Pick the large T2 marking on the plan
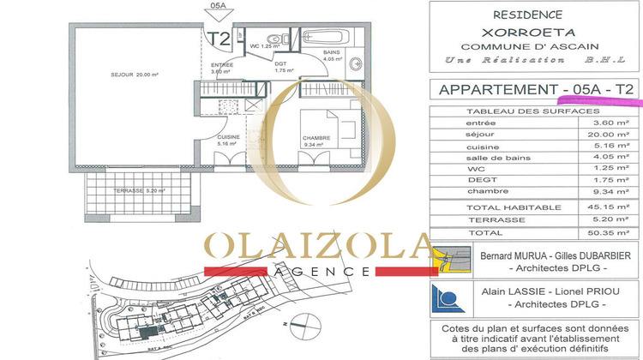coord(218,39)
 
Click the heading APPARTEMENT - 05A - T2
coord(536,89)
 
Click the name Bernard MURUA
coord(507,255)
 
